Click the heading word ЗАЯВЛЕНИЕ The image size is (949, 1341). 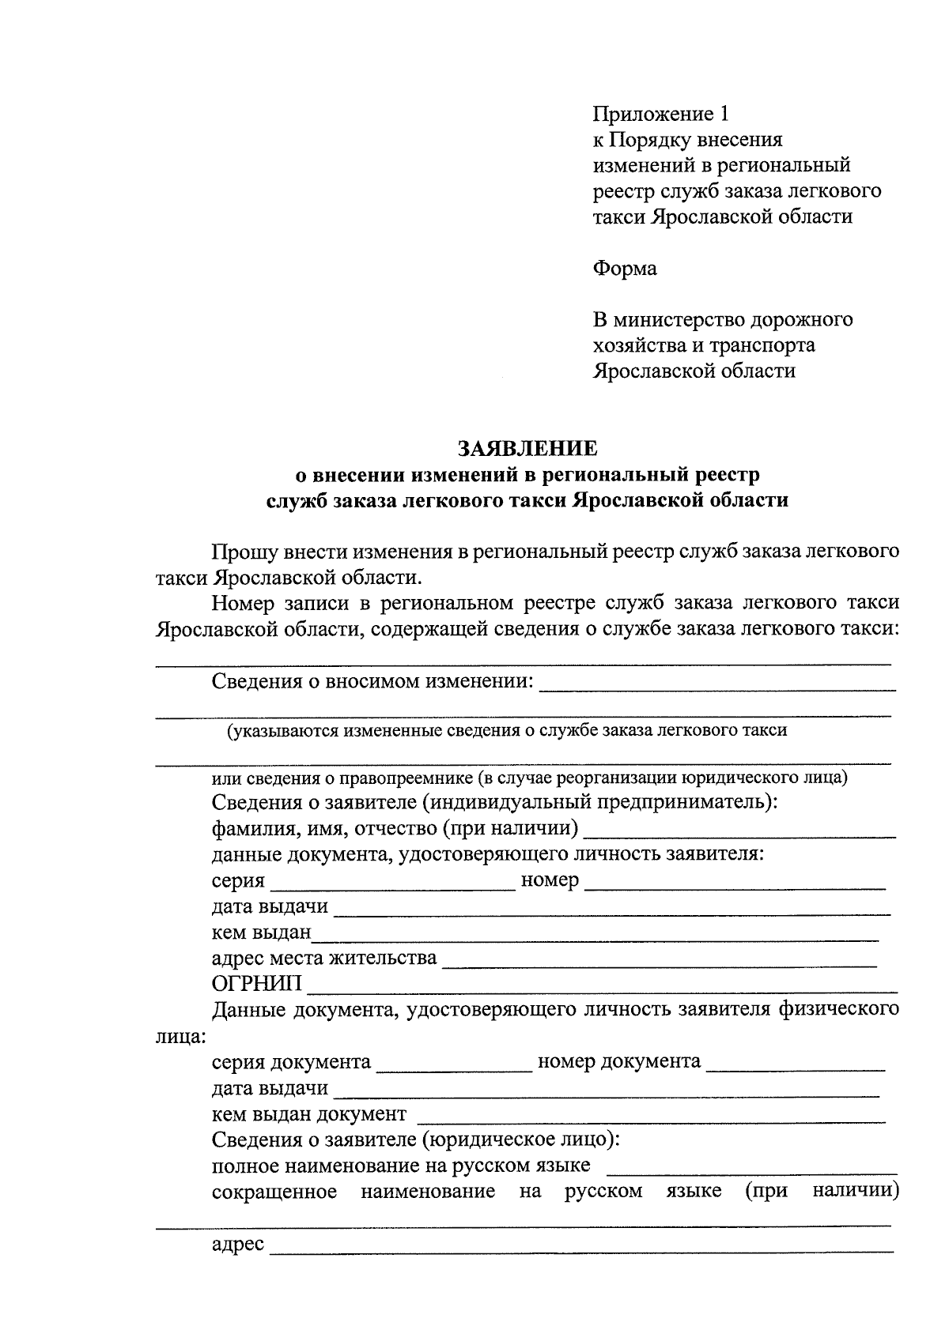click(x=527, y=449)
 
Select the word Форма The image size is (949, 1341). click(x=625, y=269)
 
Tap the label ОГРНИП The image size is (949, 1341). click(x=256, y=984)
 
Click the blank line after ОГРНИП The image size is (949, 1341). click(x=601, y=988)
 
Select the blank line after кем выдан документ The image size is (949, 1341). click(x=650, y=1120)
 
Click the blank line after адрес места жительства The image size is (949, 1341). click(x=659, y=964)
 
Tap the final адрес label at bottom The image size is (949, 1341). click(x=237, y=1245)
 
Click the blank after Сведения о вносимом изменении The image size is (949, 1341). click(x=716, y=688)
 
